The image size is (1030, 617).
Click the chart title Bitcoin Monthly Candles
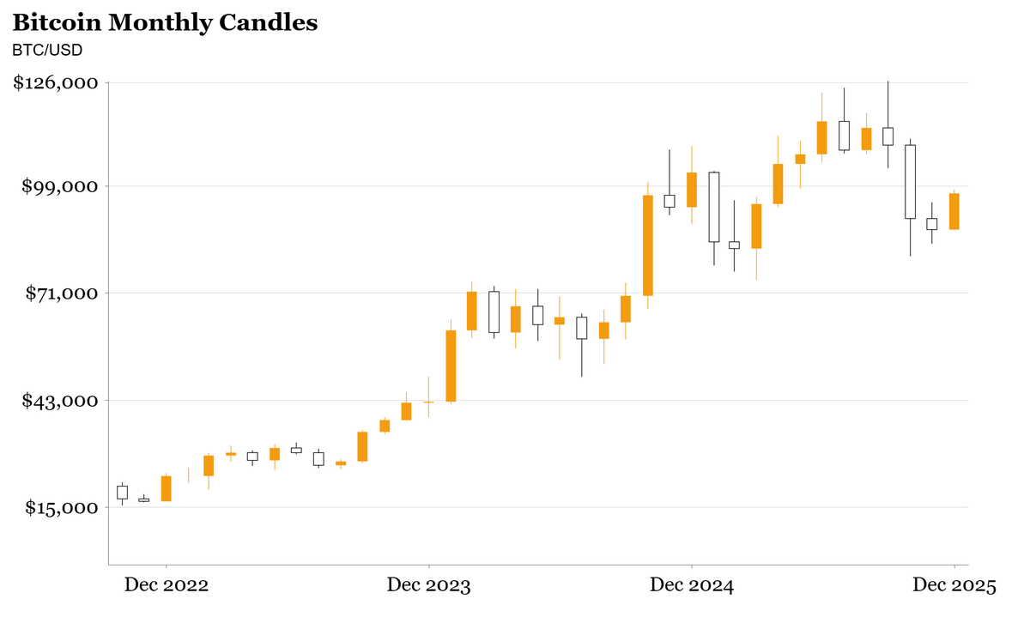click(165, 23)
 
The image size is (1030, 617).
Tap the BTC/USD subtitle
click(47, 51)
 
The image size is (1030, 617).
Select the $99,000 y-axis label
click(60, 186)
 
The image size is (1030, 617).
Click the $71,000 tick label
click(60, 293)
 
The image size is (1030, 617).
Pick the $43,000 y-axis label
click(60, 401)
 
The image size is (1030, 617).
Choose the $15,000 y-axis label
click(60, 508)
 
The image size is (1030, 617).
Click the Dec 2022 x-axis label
click(166, 586)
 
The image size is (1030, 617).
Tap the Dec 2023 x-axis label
click(428, 586)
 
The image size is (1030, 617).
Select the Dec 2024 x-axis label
click(691, 586)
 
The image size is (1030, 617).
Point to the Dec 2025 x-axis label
click(954, 586)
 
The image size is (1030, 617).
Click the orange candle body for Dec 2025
click(954, 211)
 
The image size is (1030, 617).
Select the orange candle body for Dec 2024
click(691, 190)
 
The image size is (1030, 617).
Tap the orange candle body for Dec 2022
click(166, 488)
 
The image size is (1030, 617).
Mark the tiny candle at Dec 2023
click(428, 402)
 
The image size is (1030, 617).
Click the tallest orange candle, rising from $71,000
click(647, 245)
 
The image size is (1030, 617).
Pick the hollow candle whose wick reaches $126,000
click(888, 136)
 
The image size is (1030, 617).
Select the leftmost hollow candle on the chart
click(122, 493)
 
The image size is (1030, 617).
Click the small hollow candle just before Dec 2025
click(931, 224)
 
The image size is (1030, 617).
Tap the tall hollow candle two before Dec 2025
click(910, 181)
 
